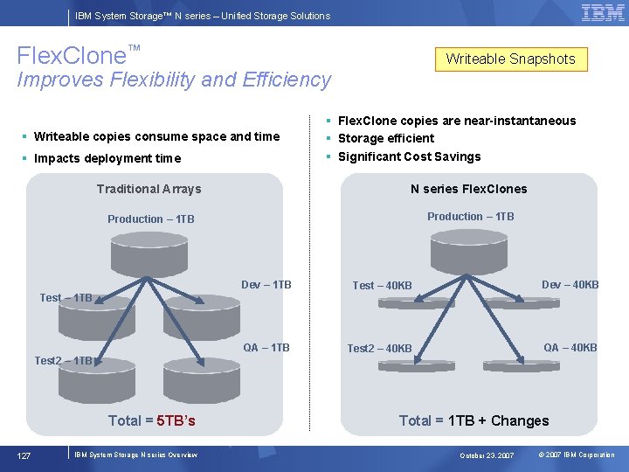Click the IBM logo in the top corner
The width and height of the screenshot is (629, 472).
[602, 12]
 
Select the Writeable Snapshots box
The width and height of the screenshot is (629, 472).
[511, 59]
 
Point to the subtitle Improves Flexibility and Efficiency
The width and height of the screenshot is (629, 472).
[174, 80]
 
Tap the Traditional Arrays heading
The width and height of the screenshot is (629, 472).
[149, 189]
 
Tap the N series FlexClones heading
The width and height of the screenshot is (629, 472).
[468, 189]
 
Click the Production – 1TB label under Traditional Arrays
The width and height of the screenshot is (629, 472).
[151, 219]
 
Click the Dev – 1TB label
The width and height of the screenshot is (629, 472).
[266, 285]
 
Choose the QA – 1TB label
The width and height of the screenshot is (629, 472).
[266, 348]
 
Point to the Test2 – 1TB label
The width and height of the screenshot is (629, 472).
[63, 360]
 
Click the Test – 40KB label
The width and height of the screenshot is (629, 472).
[382, 286]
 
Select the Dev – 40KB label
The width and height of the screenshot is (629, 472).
[570, 285]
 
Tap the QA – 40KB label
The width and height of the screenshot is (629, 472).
[570, 348]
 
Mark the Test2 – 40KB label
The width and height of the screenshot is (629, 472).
[379, 349]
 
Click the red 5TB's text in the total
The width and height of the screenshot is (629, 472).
[176, 420]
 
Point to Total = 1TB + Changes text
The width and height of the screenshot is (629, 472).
[473, 420]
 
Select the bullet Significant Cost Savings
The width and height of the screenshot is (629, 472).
[409, 156]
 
